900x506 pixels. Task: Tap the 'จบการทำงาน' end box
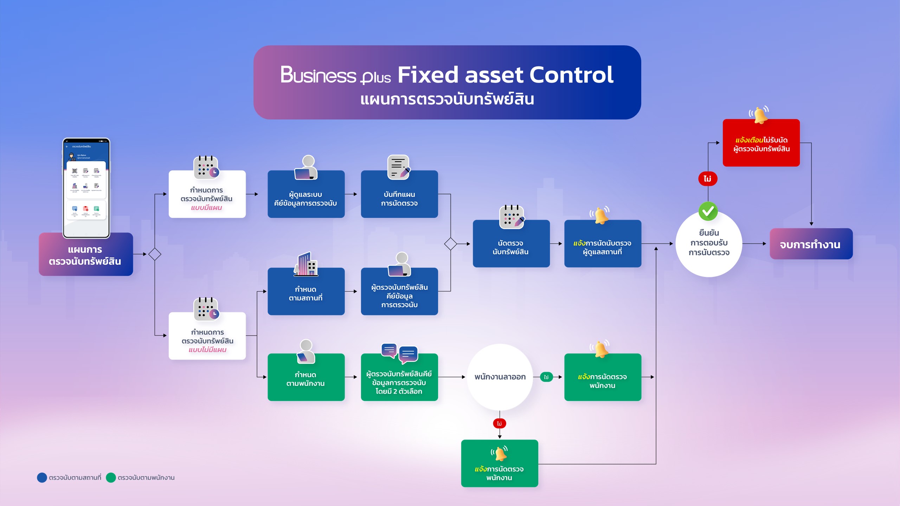(811, 244)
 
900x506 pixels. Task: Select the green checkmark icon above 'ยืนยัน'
(708, 211)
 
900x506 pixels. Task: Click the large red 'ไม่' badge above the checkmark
(707, 179)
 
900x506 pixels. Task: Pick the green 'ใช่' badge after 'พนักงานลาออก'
(546, 377)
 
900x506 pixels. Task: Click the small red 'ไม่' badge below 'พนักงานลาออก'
(499, 423)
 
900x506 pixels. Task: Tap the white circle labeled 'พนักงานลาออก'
(500, 377)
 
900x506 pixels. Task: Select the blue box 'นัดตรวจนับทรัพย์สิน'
(511, 247)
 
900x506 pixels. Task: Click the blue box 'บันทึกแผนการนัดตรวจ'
(399, 198)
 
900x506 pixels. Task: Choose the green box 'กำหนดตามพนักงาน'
(306, 379)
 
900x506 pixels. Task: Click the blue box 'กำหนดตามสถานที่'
(306, 293)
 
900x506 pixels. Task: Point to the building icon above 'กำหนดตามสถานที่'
(306, 264)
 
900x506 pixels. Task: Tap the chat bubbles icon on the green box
(399, 353)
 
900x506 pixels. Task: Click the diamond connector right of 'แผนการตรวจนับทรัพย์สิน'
(155, 254)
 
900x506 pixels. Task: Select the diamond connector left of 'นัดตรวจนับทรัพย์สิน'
(450, 244)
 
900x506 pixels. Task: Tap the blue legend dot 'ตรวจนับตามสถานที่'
(42, 478)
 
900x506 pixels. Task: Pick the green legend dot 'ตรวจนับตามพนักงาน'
(111, 478)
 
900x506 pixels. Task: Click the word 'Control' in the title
(571, 75)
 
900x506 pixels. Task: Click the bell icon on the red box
(759, 115)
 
